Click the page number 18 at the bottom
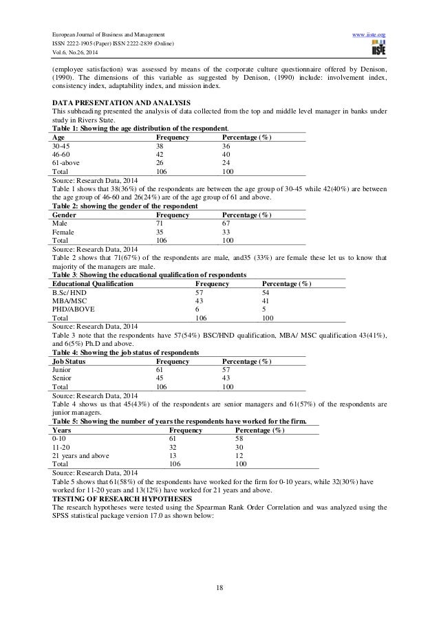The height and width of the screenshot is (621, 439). [x=219, y=587]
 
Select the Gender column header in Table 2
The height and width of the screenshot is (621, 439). [x=64, y=215]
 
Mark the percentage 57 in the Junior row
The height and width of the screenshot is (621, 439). [x=226, y=370]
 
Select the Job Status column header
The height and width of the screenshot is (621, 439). [x=69, y=361]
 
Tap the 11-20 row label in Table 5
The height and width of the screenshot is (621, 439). [x=61, y=447]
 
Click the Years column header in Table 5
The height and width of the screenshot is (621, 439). [x=61, y=430]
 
